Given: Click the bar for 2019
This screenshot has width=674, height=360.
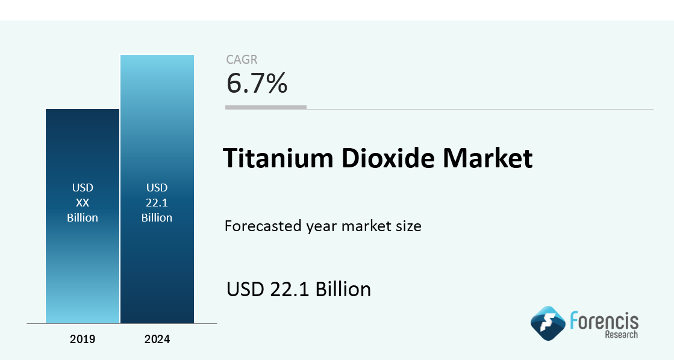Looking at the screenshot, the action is (83, 216).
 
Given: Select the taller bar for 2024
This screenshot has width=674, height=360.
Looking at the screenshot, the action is (157, 189).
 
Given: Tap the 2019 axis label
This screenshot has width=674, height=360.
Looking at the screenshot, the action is (83, 340).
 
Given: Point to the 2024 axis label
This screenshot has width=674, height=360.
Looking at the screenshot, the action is (157, 340).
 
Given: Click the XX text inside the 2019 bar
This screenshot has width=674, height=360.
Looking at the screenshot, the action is (83, 203).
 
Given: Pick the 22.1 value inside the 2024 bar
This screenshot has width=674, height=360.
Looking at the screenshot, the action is (157, 203).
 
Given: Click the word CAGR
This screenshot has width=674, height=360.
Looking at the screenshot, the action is (242, 60).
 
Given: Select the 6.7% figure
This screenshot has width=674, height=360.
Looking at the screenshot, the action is (257, 83).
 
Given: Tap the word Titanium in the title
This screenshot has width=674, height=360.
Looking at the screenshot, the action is (278, 158).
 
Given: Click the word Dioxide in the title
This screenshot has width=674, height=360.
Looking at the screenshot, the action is (388, 158).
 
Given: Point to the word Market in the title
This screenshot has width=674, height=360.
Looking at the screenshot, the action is (488, 158).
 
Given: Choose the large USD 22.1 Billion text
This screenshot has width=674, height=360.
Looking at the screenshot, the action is (299, 289).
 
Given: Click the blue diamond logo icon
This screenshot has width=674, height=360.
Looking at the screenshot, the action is (548, 323).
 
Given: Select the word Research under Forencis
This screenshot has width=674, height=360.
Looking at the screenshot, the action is (622, 335).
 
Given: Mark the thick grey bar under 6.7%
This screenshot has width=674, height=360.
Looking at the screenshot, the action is (266, 107).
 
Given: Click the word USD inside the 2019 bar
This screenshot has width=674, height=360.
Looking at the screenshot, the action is (83, 188).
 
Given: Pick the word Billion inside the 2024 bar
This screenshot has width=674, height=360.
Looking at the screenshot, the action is (157, 218).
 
